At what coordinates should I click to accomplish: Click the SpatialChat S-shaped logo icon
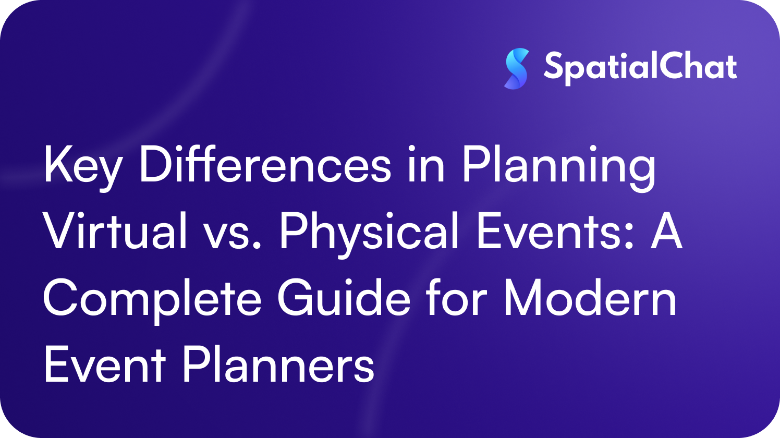pyautogui.click(x=516, y=68)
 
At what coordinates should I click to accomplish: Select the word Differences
pyautogui.click(x=265, y=166)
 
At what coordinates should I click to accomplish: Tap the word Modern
pyautogui.click(x=590, y=298)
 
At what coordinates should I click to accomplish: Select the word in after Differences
pyautogui.click(x=425, y=166)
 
